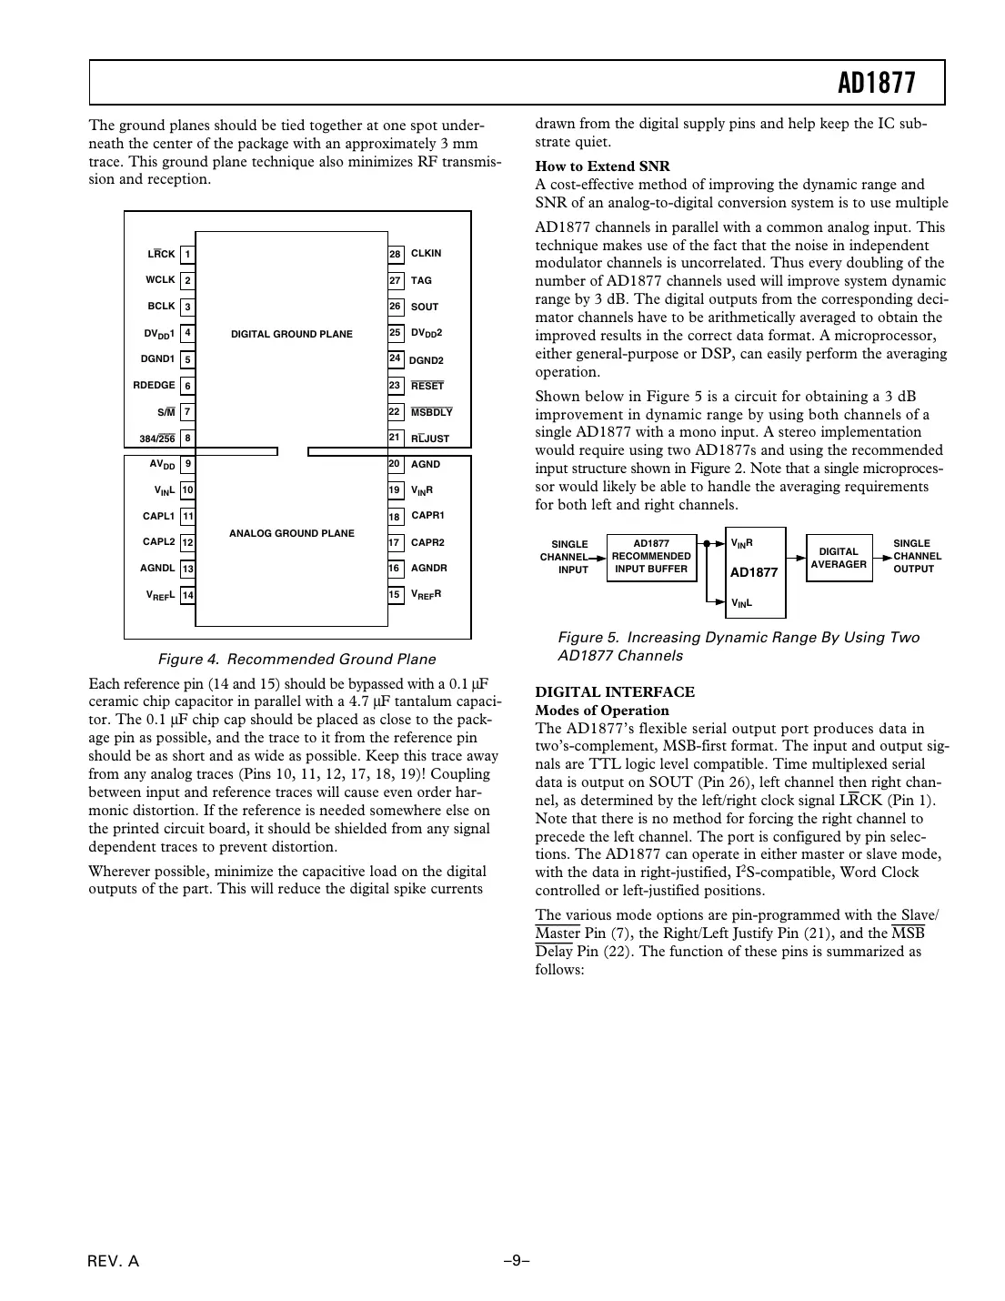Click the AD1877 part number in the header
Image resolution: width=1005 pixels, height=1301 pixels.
(876, 84)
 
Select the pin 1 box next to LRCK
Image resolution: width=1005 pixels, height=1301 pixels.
(187, 255)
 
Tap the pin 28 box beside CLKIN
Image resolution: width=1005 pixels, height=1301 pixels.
(396, 254)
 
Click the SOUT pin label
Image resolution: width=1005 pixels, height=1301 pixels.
(424, 308)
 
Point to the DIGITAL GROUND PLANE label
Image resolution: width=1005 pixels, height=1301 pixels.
(291, 334)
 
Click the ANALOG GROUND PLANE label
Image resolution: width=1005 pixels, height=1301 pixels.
(291, 533)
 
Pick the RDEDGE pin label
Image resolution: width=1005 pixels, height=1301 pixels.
(154, 386)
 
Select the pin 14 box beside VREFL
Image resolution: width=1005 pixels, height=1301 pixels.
(187, 596)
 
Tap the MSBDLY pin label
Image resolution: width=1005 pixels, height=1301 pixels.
(431, 412)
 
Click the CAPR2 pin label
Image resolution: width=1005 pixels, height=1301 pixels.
(427, 542)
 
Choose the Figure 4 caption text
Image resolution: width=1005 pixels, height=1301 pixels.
(296, 660)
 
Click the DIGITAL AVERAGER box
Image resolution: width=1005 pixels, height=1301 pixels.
(839, 558)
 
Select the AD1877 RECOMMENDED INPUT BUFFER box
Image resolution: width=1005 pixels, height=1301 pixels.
(651, 557)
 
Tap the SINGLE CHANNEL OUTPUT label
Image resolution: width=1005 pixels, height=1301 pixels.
(916, 556)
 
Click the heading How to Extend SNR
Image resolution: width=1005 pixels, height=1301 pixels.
(602, 166)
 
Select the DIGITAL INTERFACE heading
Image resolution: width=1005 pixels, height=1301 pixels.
(614, 692)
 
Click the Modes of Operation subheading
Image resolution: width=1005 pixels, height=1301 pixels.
(601, 711)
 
